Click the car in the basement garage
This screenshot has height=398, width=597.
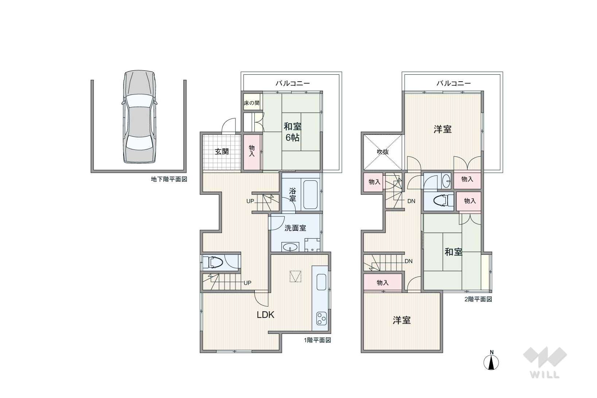(x=139, y=117)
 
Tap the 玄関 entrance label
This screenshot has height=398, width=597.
(x=222, y=152)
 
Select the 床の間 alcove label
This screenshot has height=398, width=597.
(x=251, y=103)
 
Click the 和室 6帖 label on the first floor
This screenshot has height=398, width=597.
(x=292, y=132)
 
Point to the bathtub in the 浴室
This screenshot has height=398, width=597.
(x=310, y=195)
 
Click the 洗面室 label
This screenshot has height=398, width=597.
(x=295, y=228)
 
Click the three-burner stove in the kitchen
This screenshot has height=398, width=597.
(x=321, y=318)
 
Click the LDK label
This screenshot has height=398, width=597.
(x=265, y=315)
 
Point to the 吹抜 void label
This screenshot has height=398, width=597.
(x=383, y=152)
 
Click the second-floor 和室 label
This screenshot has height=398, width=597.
(x=453, y=252)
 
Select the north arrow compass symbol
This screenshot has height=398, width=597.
(x=491, y=360)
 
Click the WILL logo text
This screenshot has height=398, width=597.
(x=545, y=375)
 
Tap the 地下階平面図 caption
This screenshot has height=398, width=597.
(x=169, y=179)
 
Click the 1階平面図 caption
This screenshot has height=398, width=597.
(x=317, y=340)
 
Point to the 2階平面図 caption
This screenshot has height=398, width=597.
(x=478, y=299)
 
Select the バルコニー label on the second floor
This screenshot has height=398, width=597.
(x=454, y=83)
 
